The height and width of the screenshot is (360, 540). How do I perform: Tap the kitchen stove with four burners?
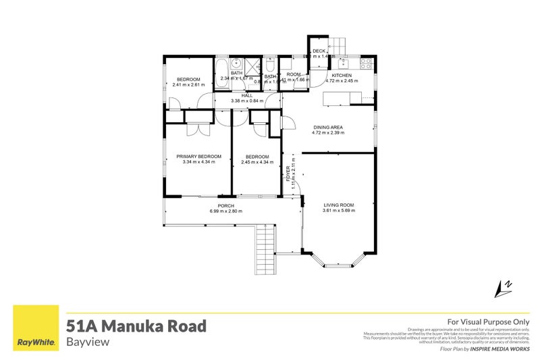366,64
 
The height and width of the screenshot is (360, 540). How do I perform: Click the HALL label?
247,96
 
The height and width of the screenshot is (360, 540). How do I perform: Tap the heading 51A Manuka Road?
136,326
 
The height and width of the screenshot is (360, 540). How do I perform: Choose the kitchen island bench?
341,100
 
